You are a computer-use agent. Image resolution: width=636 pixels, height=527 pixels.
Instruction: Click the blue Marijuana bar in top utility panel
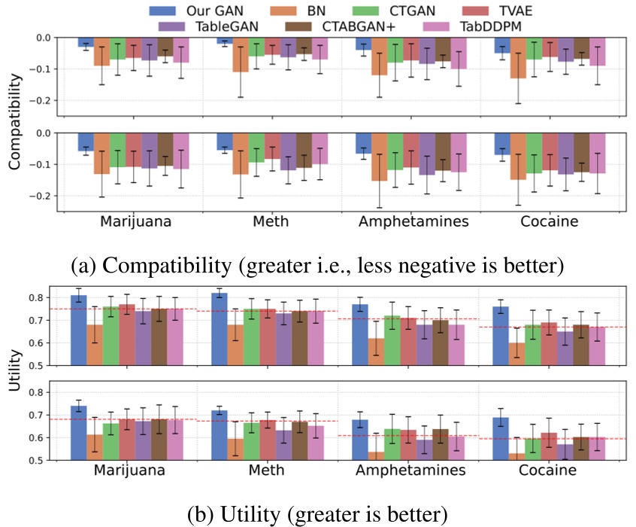click(x=78, y=330)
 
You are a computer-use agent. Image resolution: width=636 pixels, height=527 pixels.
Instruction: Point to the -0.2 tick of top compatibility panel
click(x=44, y=100)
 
